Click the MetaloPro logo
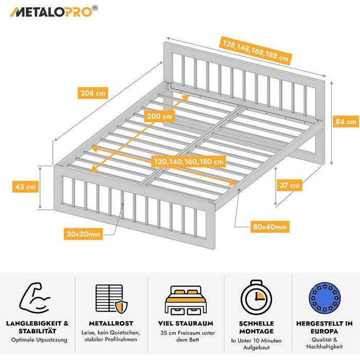coord(53,11)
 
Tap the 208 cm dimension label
coord(93,93)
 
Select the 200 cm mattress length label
coord(159,116)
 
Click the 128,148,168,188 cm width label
coord(256,51)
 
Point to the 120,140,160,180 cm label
coord(189,161)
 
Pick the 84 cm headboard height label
coord(346,121)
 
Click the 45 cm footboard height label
coord(26,187)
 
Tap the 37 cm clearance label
coord(289,185)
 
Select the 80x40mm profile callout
coord(270,227)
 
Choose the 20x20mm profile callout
coord(83,234)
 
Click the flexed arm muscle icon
coord(34,298)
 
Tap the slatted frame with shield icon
coord(112,299)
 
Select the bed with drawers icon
coord(186,300)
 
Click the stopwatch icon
coord(256,297)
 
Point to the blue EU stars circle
coord(325,298)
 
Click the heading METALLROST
coord(111,323)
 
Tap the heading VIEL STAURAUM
coord(186,323)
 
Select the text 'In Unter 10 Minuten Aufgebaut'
coord(256,344)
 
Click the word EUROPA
coord(325,331)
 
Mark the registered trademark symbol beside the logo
coord(95,8)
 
